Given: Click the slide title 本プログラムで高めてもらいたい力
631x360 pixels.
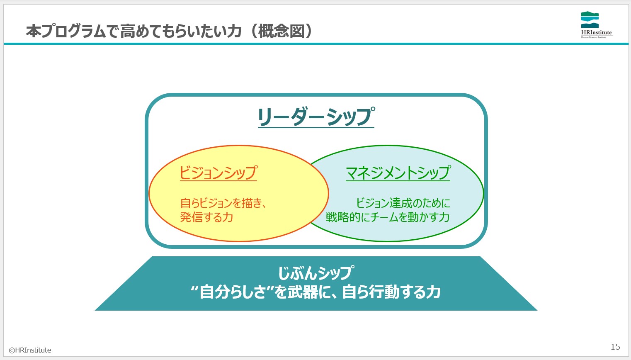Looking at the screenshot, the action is [133, 31].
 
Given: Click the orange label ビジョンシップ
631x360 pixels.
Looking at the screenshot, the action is [218, 173].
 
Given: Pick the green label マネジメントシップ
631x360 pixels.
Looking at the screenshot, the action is [398, 173].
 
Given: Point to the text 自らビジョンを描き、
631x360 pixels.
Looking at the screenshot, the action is [223, 203].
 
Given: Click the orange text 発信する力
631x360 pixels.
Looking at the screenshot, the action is [206, 217].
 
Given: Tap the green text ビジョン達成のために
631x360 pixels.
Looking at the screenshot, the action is [403, 203].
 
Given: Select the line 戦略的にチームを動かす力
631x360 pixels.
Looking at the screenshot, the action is [388, 217].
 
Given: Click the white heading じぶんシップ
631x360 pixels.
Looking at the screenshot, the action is [316, 272].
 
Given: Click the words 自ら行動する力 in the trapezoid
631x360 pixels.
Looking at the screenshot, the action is [391, 292].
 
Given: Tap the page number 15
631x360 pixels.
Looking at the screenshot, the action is [616, 347].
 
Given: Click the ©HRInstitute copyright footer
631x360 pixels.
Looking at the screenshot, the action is [30, 350].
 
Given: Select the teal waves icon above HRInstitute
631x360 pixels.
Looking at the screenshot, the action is [590, 19].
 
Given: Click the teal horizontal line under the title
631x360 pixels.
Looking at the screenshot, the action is [316, 44].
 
